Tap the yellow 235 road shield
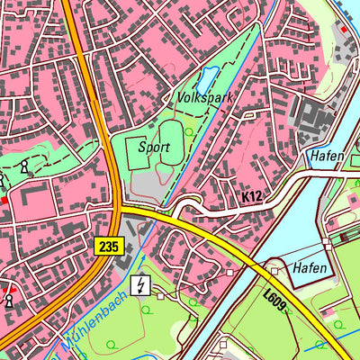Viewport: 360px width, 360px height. click(106, 244)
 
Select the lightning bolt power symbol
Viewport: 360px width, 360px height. click(140, 286)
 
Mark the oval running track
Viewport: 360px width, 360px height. click(172, 148)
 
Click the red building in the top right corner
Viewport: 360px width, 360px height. click(343, 28)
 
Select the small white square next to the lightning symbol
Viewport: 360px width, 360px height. click(161, 295)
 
